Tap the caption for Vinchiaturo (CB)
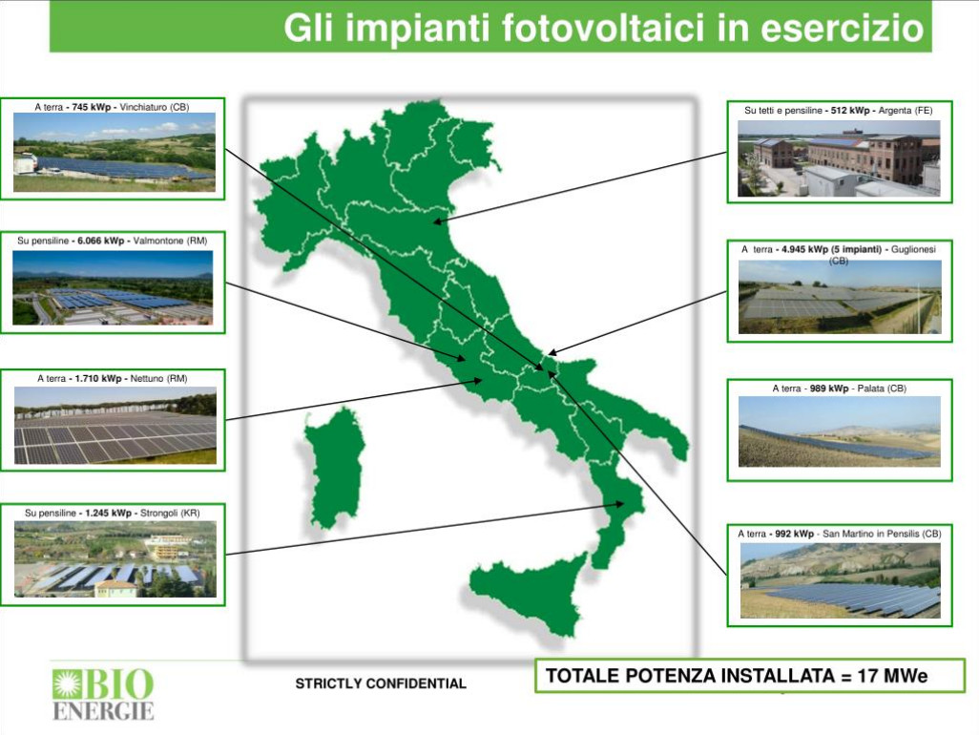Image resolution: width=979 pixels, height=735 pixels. pyautogui.click(x=112, y=107)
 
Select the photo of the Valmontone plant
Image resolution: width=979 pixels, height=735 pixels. pyautogui.click(x=113, y=288)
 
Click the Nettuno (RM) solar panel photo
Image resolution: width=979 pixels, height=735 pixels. pyautogui.click(x=115, y=426)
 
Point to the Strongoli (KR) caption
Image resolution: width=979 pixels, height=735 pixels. pyautogui.click(x=113, y=513)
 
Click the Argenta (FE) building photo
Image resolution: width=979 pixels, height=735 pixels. pyautogui.click(x=839, y=158)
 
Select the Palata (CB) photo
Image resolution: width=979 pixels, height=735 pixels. pyautogui.click(x=839, y=431)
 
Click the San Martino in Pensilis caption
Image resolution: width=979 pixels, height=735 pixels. pyautogui.click(x=839, y=534)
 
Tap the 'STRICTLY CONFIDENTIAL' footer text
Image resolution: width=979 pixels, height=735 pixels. pyautogui.click(x=381, y=683)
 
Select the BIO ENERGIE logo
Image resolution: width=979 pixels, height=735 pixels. pyautogui.click(x=103, y=695)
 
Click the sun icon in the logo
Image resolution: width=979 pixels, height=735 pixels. pyautogui.click(x=64, y=683)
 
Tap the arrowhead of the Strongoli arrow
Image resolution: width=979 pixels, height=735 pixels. pyautogui.click(x=620, y=503)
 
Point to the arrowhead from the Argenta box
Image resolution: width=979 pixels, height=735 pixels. pyautogui.click(x=438, y=221)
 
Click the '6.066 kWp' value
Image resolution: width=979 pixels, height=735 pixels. pyautogui.click(x=100, y=241)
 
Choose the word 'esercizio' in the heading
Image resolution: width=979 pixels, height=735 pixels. pyautogui.click(x=842, y=28)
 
